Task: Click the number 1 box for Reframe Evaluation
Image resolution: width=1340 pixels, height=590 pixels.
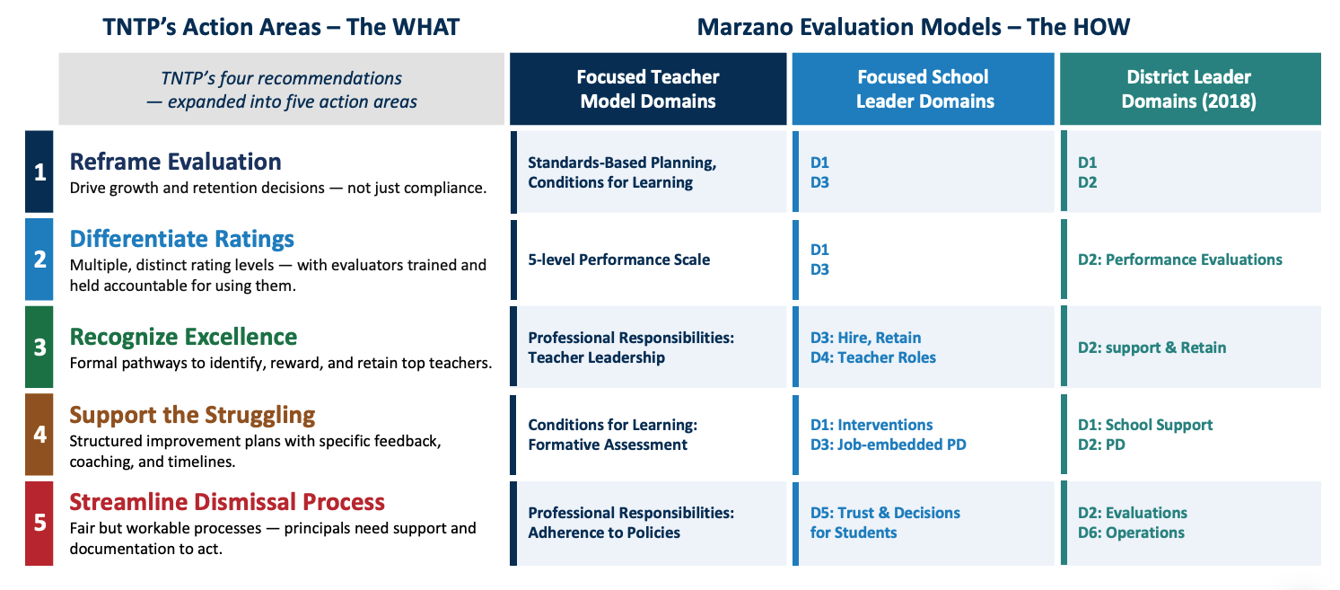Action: coord(39,172)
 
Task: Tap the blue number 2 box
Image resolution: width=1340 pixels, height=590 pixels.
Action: coord(39,260)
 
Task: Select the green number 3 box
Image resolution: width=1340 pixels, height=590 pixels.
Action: coord(39,347)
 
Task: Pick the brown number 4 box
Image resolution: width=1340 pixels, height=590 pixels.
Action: coord(39,435)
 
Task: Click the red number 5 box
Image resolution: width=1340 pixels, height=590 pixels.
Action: coord(39,523)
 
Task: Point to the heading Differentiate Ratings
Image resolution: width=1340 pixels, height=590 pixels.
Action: coord(182,239)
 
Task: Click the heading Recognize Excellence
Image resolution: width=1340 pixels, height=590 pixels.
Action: coord(183,337)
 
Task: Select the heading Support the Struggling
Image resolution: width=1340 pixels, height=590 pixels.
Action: coord(192,415)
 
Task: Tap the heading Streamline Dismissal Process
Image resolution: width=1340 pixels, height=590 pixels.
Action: coord(227,501)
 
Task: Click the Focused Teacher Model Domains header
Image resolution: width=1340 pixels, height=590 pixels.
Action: coord(648,89)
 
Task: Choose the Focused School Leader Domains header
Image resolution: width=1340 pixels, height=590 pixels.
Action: coord(923,89)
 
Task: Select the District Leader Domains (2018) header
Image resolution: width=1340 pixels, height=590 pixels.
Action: coord(1190,89)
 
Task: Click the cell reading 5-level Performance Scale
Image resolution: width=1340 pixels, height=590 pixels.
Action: coord(618,260)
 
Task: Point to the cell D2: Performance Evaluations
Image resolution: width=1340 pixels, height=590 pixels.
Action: coord(1179,260)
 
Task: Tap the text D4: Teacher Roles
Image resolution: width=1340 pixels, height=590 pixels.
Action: coord(872,357)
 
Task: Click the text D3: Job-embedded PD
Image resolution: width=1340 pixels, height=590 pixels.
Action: coord(888,445)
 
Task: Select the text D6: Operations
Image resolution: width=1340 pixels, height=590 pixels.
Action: coord(1131,533)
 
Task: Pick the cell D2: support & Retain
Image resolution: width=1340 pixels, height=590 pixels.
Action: coord(1152,348)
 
